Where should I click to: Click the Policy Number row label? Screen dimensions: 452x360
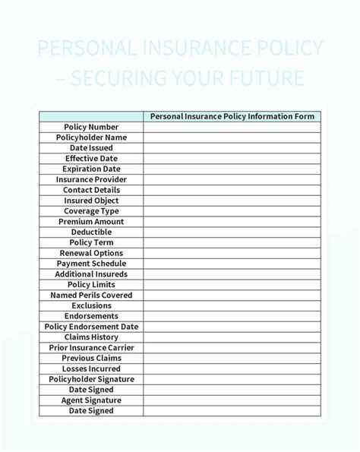[91, 127]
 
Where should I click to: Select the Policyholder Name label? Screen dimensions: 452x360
[91, 137]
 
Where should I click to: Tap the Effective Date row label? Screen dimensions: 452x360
[91, 159]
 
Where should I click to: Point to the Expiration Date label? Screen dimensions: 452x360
[91, 169]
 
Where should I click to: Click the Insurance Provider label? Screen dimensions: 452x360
[91, 180]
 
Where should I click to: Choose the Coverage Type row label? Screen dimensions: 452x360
[91, 211]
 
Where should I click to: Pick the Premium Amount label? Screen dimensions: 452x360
[91, 222]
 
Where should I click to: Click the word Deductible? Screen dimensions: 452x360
[91, 232]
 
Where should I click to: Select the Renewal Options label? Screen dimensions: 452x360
[91, 253]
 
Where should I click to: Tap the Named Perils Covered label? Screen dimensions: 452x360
[91, 295]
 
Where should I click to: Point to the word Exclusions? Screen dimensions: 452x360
[91, 305]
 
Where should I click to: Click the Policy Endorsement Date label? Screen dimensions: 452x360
[91, 327]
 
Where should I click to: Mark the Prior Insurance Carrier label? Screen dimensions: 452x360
[91, 347]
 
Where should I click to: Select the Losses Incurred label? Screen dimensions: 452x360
[91, 368]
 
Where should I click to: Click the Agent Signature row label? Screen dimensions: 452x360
[91, 400]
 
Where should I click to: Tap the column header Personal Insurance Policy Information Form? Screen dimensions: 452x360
[232, 116]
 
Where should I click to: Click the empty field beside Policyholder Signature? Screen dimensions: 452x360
[232, 379]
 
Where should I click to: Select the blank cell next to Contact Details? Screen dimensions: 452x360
[232, 190]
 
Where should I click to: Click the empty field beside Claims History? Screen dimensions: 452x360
[232, 337]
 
